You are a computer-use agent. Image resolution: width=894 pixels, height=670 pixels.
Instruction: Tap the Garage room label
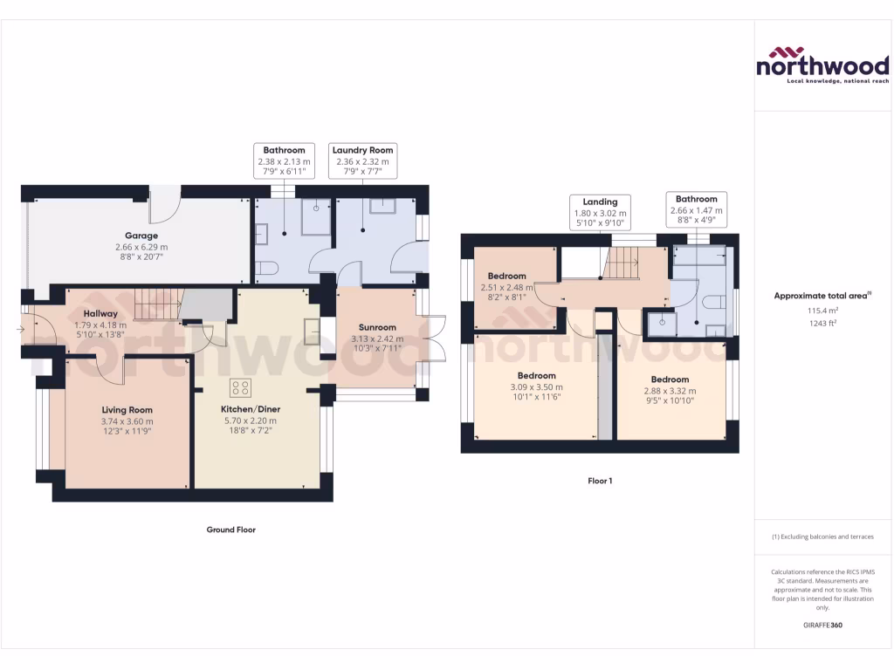click(x=141, y=236)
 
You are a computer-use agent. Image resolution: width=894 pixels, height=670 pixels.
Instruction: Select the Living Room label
click(x=127, y=410)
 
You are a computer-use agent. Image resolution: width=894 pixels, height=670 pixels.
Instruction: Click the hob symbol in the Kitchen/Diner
click(x=240, y=387)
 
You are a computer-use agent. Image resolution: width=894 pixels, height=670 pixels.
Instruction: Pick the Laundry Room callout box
click(x=363, y=161)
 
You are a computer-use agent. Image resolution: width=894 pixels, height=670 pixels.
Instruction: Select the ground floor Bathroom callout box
click(x=284, y=161)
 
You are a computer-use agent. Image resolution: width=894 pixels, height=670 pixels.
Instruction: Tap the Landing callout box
click(x=600, y=213)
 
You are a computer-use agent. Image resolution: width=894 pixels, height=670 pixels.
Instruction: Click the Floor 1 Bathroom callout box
click(x=696, y=210)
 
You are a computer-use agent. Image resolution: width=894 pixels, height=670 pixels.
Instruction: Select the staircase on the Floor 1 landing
click(x=623, y=260)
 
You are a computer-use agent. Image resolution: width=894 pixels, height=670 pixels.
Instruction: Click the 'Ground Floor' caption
click(x=230, y=530)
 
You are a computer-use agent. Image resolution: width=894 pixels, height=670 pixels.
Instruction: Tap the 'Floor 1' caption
click(x=600, y=481)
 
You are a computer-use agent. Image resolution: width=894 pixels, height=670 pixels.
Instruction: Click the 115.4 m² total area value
click(x=822, y=310)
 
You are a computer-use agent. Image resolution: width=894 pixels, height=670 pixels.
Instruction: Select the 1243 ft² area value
click(x=822, y=322)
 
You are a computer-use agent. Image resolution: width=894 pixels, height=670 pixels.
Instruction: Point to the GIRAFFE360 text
click(x=822, y=626)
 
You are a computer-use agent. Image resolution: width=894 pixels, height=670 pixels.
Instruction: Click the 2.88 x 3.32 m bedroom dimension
click(x=670, y=391)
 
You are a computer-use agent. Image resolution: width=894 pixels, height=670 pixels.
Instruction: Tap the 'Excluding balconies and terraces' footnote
click(x=822, y=537)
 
